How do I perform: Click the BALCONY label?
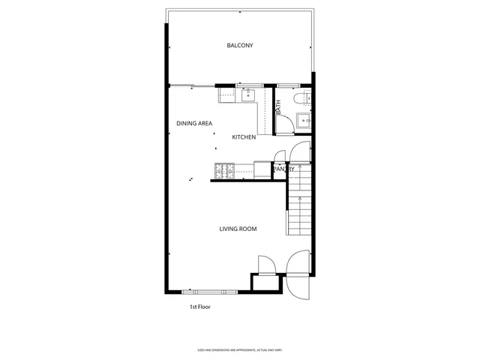click(240, 46)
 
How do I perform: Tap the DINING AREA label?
click(194, 123)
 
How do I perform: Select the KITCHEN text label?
click(244, 137)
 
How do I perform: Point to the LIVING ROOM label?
click(238, 229)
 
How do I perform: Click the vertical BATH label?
click(278, 107)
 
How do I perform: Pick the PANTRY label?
click(283, 169)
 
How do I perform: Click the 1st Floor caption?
click(199, 307)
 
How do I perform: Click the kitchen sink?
click(248, 94)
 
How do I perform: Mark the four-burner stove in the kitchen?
click(224, 172)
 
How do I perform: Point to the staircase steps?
click(298, 212)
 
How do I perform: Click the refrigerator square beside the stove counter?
click(262, 170)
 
